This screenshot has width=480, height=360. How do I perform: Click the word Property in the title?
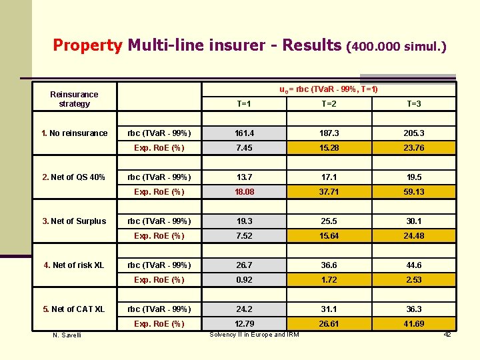tap(87, 45)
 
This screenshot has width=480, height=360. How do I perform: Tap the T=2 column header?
tap(329, 104)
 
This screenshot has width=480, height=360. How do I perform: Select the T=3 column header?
tap(413, 104)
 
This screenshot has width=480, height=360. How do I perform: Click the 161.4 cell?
tap(244, 133)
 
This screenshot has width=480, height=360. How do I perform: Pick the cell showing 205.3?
tap(413, 133)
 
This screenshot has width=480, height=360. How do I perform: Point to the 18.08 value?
tap(244, 192)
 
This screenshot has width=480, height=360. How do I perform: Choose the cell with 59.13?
tap(413, 192)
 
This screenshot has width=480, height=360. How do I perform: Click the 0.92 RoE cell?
tap(244, 280)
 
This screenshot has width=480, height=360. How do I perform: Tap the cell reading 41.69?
tap(413, 324)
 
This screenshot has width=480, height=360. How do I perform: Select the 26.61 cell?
tap(329, 324)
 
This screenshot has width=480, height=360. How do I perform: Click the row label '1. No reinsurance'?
tap(75, 133)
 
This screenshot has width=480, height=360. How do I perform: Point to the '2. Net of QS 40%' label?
tap(74, 177)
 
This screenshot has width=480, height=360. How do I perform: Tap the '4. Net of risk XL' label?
tap(74, 265)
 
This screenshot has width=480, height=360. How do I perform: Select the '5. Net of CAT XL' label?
tap(74, 309)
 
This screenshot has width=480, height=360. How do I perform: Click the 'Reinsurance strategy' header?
tap(74, 99)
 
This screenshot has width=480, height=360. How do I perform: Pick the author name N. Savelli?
tap(67, 335)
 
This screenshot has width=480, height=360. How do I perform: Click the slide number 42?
tap(447, 334)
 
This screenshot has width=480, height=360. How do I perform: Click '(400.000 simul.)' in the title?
tap(396, 47)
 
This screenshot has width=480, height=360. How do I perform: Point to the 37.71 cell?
tap(329, 192)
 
